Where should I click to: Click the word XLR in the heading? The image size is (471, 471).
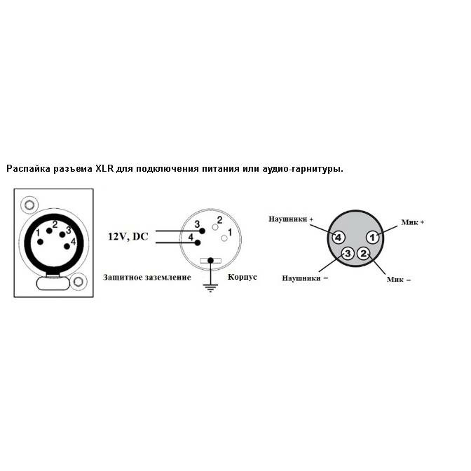[x=104, y=168]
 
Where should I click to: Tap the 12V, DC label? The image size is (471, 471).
[x=128, y=237]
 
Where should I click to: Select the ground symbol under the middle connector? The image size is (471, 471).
[x=210, y=287]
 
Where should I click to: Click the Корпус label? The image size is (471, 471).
[x=242, y=277]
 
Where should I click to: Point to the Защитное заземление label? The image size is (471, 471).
[x=147, y=278]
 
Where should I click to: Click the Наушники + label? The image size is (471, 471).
[x=291, y=219]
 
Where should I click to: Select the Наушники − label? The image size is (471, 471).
[x=305, y=278]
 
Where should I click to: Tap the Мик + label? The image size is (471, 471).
[x=412, y=222]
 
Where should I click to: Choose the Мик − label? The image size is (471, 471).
[x=399, y=280]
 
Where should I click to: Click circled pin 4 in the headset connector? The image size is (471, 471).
[x=339, y=238]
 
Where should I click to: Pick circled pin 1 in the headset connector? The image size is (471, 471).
[x=372, y=238]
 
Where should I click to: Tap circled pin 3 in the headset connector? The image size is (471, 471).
[x=348, y=254]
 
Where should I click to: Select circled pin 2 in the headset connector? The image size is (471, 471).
[x=364, y=254]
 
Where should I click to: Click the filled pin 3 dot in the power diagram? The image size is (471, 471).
[x=202, y=231]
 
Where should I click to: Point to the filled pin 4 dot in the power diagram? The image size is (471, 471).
[x=198, y=243]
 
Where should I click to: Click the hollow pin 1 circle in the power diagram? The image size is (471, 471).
[x=224, y=238]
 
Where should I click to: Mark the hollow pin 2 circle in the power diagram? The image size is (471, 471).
[x=215, y=227]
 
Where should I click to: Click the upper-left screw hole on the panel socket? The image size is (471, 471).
[x=29, y=205]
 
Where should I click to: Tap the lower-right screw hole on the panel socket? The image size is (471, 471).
[x=78, y=282]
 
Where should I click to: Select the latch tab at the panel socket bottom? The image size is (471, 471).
[x=53, y=283]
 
